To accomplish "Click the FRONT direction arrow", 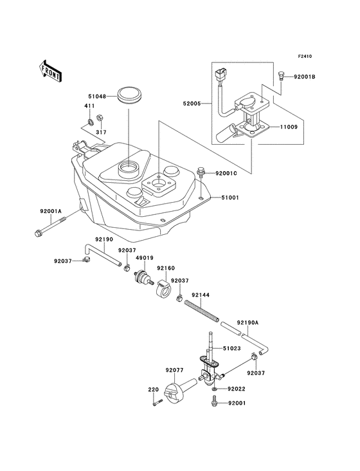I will click(50, 70).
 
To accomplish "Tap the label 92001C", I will click(227, 173).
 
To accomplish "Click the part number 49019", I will click(145, 258).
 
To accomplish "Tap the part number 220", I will click(153, 390).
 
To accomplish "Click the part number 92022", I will click(238, 389).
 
